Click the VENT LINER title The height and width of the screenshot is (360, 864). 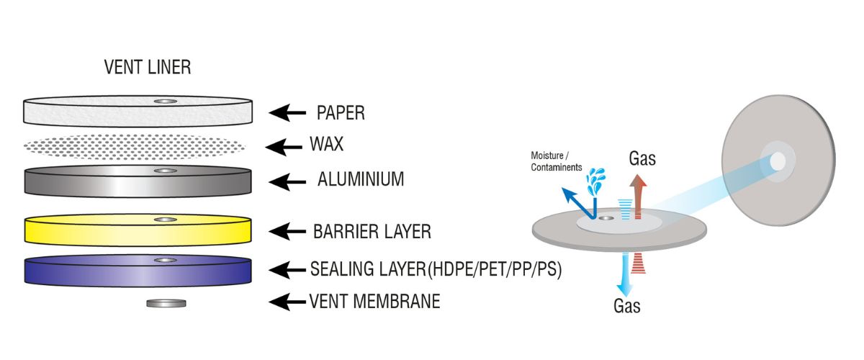tap(148, 68)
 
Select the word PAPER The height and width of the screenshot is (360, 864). tap(341, 113)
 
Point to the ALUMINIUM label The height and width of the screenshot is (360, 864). tap(361, 179)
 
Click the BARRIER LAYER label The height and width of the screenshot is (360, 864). tap(372, 232)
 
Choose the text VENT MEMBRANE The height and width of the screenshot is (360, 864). tap(374, 302)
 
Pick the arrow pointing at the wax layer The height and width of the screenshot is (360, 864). tap(284, 147)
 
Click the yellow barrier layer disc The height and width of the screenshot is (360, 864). tap(138, 230)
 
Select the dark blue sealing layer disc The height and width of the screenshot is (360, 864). tap(138, 271)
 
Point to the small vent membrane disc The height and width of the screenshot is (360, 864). tap(166, 303)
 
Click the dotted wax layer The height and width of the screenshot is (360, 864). tap(138, 147)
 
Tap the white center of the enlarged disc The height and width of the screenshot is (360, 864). tap(778, 163)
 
